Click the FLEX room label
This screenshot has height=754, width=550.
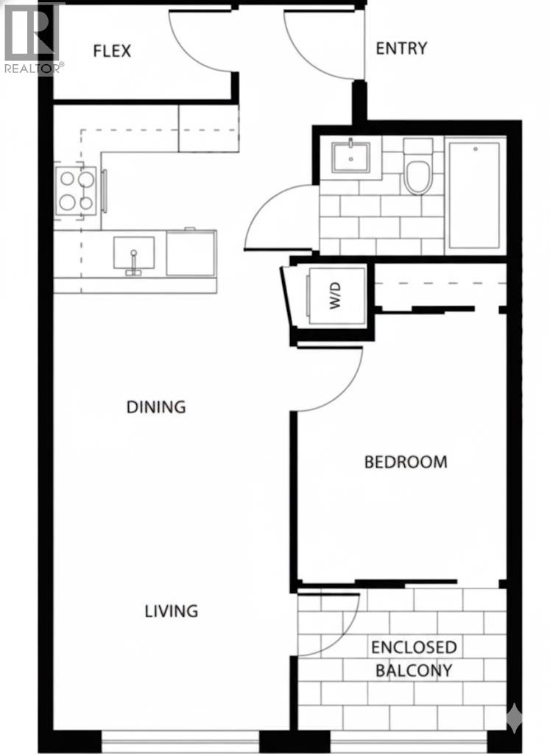(x=112, y=51)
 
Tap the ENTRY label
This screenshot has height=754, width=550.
(x=401, y=49)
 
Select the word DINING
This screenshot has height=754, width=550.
(x=156, y=406)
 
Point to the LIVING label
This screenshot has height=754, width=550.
(x=171, y=610)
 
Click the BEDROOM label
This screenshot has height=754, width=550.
(x=406, y=462)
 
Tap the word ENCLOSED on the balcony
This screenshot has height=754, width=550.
(x=414, y=647)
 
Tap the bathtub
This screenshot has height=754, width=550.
(x=475, y=195)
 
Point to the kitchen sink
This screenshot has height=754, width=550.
(x=134, y=253)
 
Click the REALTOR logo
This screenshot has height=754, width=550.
(x=33, y=37)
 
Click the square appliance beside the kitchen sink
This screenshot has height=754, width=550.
(x=191, y=253)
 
